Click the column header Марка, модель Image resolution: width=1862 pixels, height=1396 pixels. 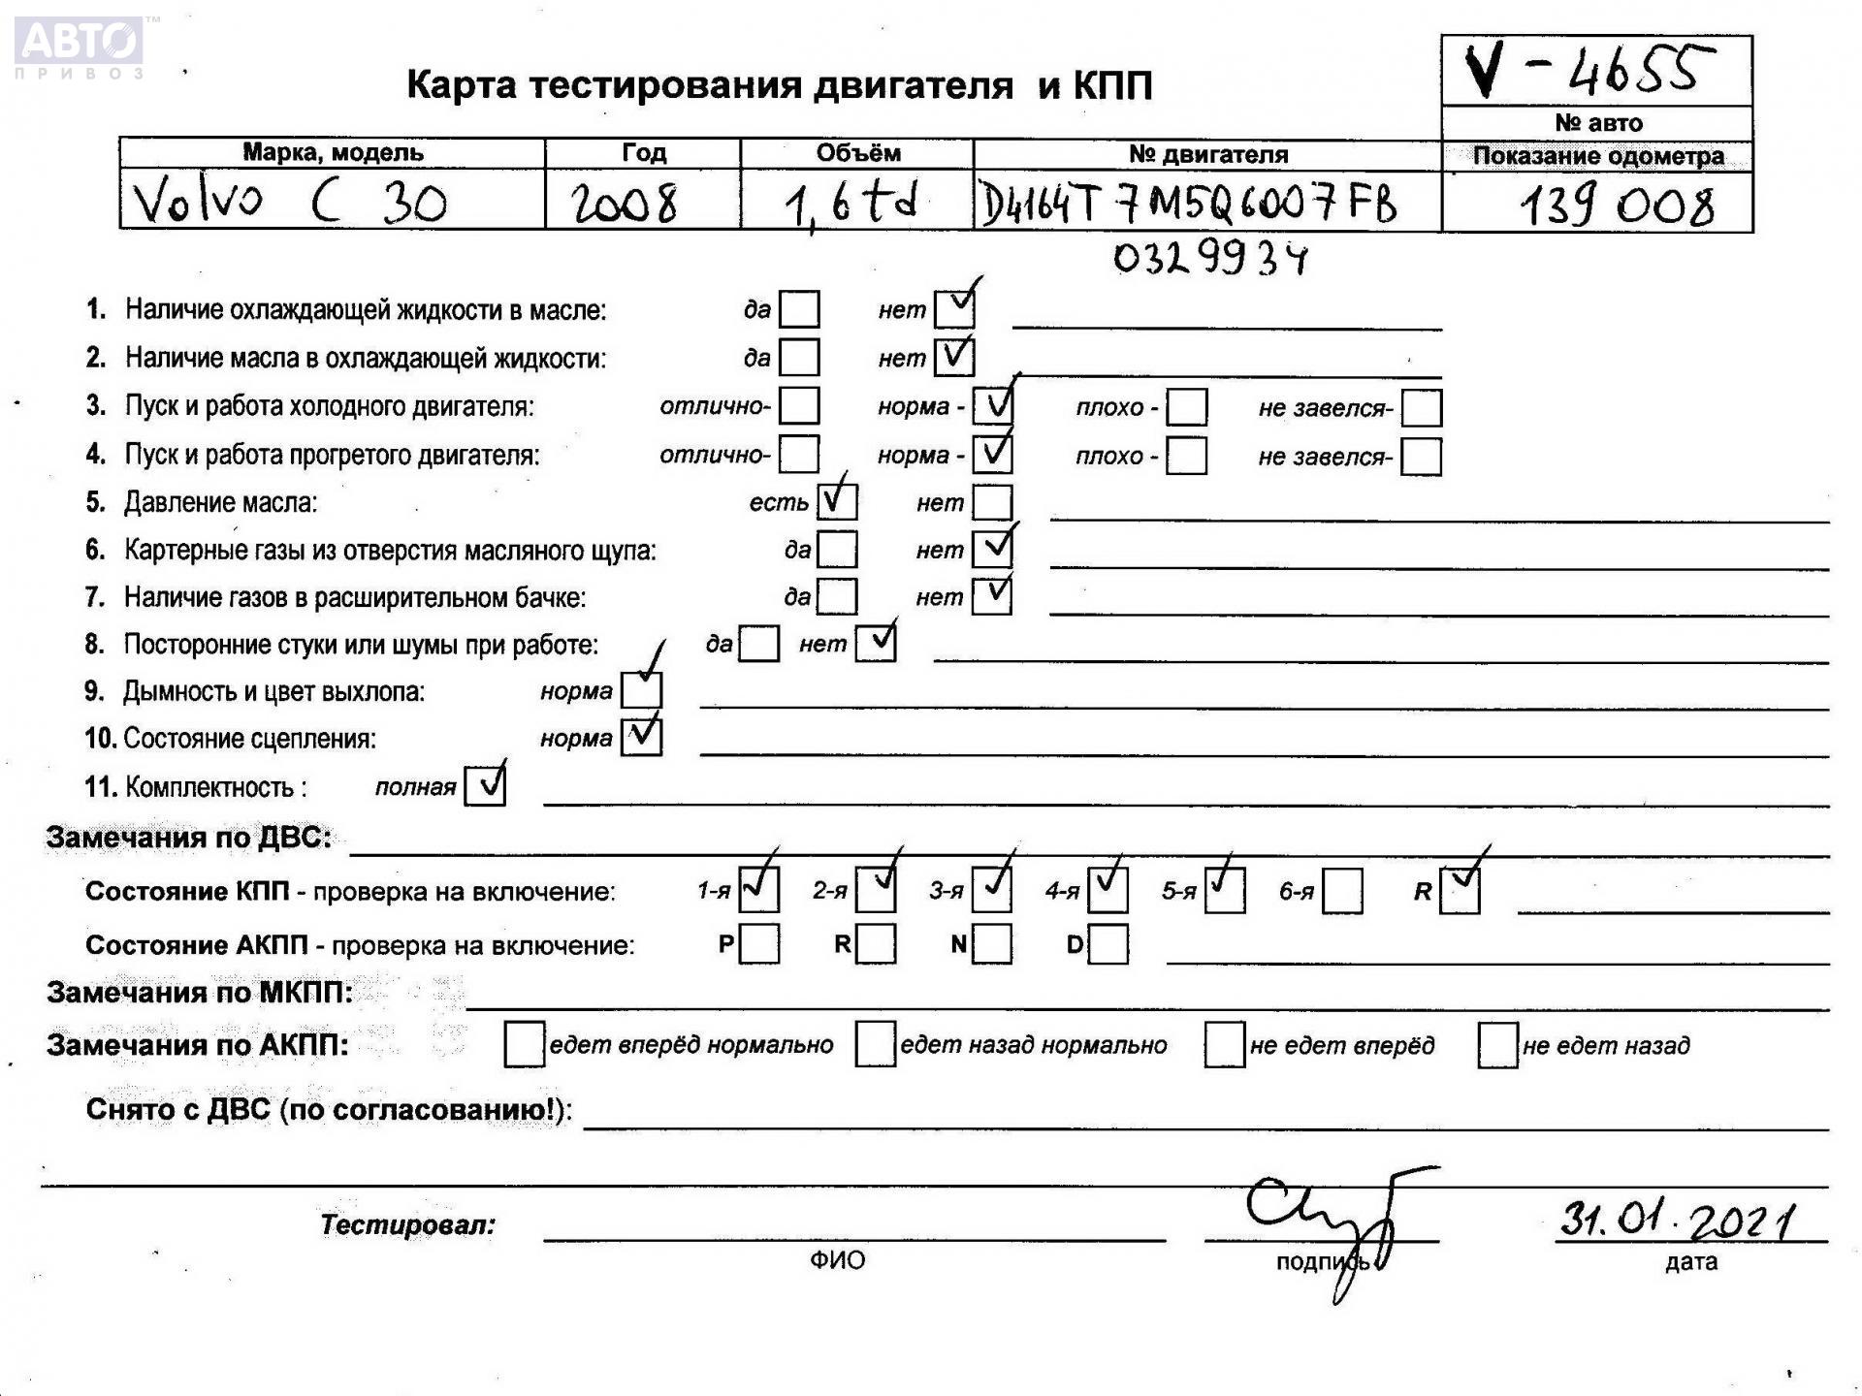pos(333,152)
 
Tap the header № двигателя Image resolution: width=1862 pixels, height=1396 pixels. pos(1207,154)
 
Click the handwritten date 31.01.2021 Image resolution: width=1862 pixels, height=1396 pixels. pos(1677,1219)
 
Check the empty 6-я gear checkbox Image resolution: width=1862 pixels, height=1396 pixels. pos(1342,891)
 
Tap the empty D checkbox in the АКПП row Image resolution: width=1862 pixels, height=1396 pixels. pos(1108,944)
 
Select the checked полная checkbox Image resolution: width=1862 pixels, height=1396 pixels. pos(485,786)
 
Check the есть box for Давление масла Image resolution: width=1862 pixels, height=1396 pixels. pos(837,501)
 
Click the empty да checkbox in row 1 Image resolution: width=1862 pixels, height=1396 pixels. pos(799,310)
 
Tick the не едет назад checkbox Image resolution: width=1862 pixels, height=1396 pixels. pos(1497,1045)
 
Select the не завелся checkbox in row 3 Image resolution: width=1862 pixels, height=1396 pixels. pos(1422,408)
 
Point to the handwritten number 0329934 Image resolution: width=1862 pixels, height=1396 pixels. pos(1209,258)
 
